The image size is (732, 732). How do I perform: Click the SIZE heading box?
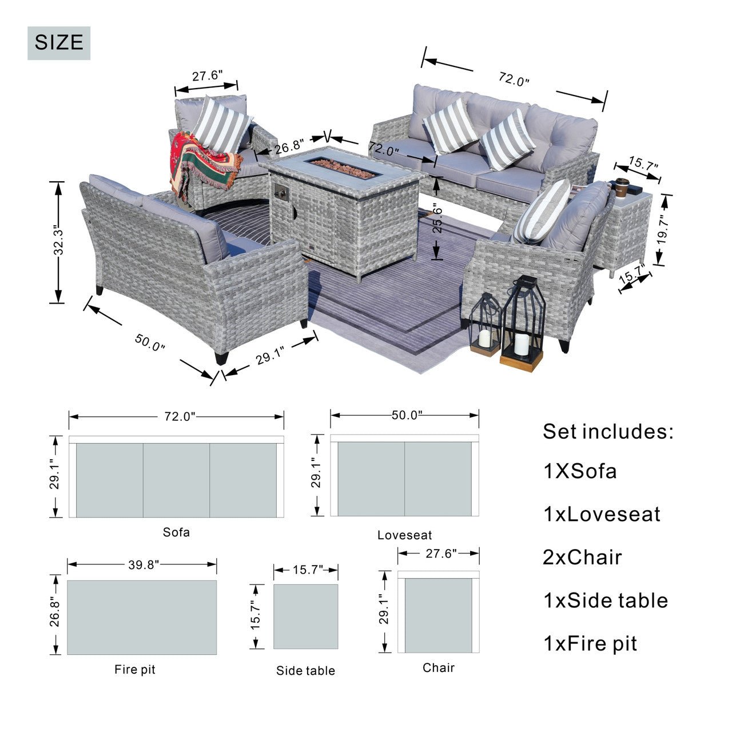59,43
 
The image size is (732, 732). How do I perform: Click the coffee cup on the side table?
622,188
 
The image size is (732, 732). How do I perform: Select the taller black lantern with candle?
522,324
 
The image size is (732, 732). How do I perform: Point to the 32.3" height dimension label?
58,242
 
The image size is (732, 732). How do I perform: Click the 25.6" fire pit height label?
437,220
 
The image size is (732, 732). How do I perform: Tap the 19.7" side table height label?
662,230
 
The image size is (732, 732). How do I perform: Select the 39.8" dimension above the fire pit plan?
144,565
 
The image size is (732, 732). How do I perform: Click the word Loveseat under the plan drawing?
404,535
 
